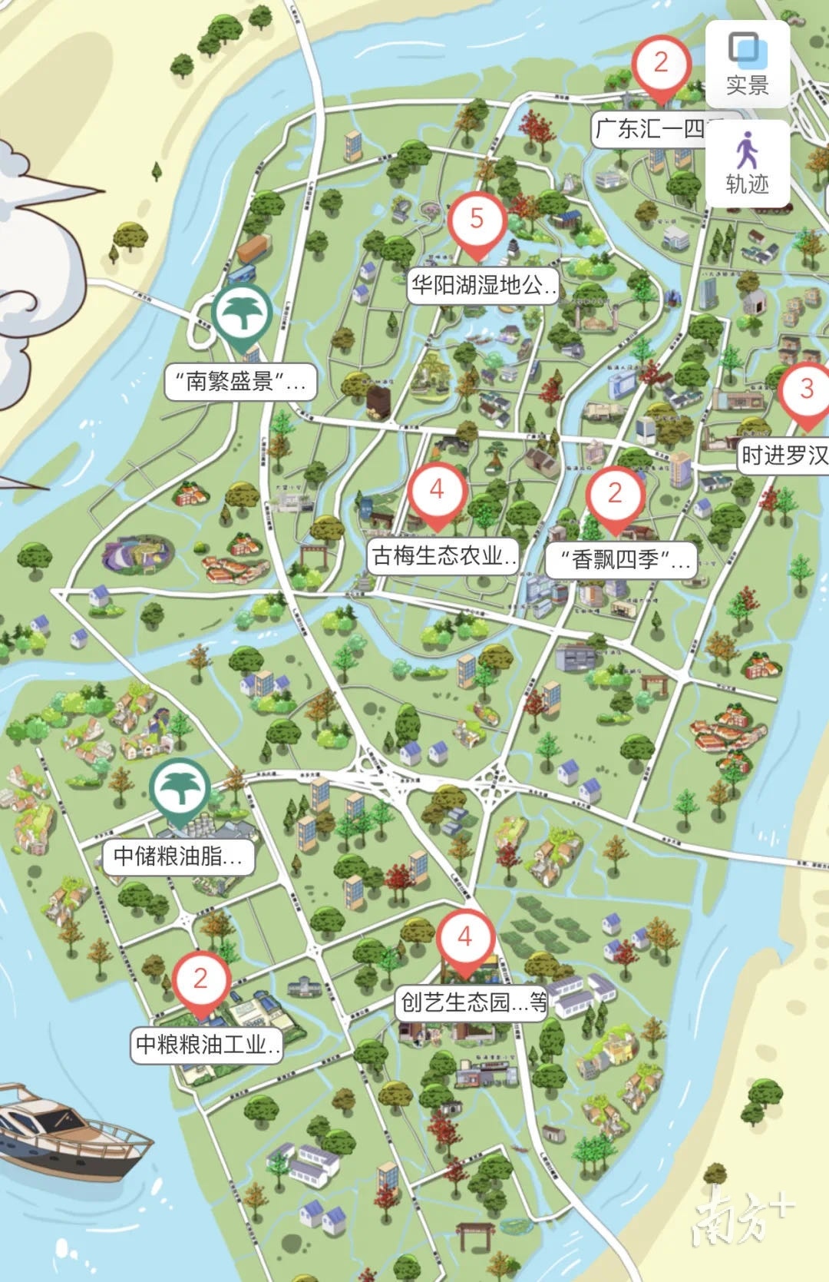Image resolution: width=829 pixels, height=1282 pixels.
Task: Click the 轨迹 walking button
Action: click(x=747, y=163)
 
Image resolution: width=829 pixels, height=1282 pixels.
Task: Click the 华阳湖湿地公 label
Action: click(x=482, y=287)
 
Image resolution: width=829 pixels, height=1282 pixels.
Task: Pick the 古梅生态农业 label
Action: click(x=443, y=555)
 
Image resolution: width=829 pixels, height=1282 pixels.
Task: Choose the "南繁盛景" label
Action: click(x=240, y=381)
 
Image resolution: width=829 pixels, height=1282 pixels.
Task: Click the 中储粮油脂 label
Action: click(x=179, y=856)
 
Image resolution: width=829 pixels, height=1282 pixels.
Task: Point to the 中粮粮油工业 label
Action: click(x=207, y=1045)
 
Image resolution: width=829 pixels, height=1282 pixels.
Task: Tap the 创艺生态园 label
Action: click(x=472, y=1002)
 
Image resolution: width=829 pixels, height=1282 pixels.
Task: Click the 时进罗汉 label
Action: click(x=784, y=455)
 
